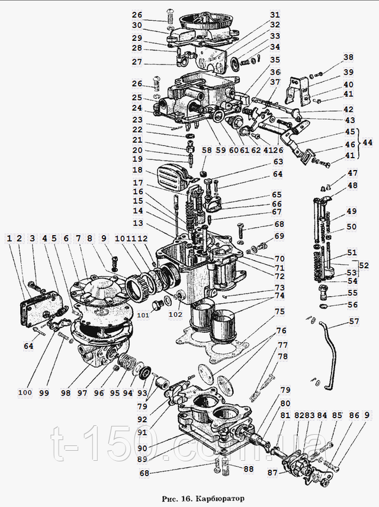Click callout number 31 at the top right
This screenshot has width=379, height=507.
pos(274,14)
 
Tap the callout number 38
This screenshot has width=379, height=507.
pos(348,58)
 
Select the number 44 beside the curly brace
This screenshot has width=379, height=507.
pos(368,143)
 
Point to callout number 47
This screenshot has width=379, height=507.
pos(352,174)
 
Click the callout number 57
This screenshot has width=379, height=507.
pos(354,323)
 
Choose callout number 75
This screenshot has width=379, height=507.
pos(279,312)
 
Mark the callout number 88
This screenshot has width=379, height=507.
pos(248,469)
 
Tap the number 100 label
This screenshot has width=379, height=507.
pos(24,393)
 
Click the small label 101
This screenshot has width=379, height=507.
pos(143,316)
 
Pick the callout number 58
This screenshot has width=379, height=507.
pos(207,150)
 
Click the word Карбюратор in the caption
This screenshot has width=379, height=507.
pos(223,499)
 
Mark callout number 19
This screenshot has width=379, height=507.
pos(137,159)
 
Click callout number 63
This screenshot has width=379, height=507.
pos(278,161)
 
